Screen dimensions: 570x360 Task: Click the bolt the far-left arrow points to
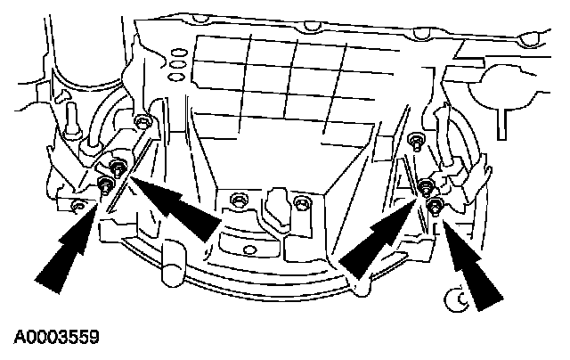click(105, 184)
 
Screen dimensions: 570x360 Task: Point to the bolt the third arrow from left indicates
click(426, 188)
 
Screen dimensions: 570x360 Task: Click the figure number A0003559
click(55, 338)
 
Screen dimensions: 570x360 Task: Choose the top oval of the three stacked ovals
click(176, 53)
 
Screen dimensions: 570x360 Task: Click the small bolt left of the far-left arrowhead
click(78, 207)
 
